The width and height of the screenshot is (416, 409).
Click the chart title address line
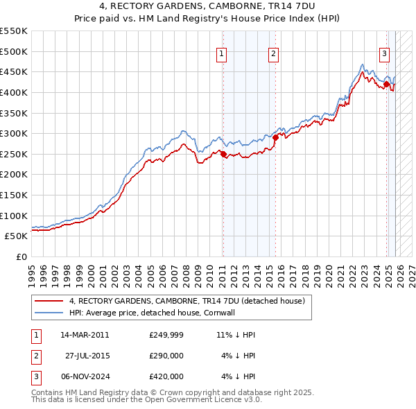(208, 8)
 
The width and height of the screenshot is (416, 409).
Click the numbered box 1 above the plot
(221, 53)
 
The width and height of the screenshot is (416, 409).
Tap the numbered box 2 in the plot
(274, 53)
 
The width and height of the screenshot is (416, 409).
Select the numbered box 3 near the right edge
(384, 53)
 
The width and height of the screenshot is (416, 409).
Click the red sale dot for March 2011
(223, 155)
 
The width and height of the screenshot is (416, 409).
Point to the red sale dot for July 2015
(275, 137)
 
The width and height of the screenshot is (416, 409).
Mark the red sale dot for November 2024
(386, 85)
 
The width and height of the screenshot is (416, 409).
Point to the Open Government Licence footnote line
(146, 400)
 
